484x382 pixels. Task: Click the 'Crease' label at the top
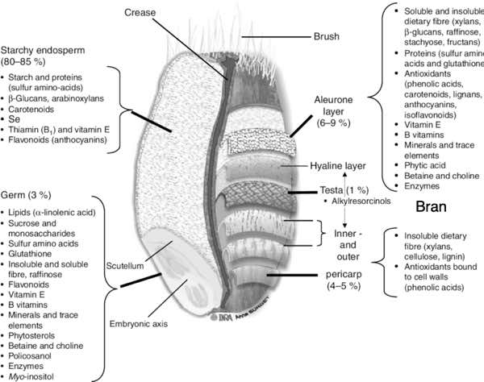(x=141, y=13)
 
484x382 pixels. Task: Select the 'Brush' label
(x=328, y=36)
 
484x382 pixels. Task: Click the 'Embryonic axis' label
(x=137, y=324)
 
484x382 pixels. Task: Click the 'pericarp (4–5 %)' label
(x=344, y=279)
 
